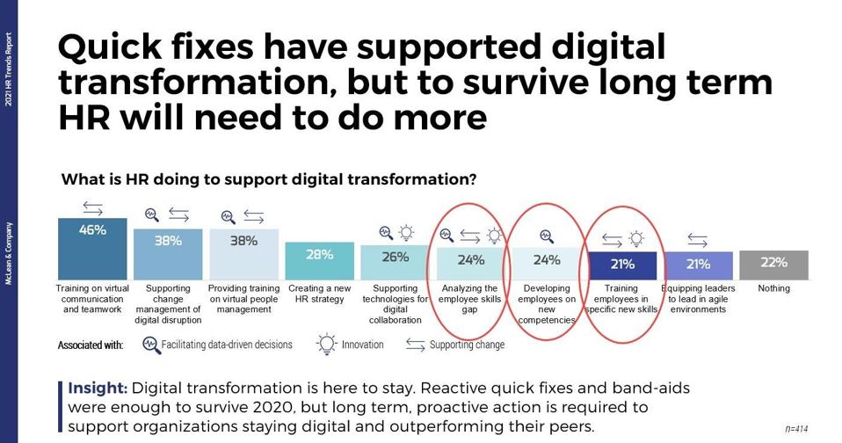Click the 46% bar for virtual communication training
(x=92, y=249)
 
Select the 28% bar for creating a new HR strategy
(x=319, y=261)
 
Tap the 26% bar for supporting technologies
(x=395, y=263)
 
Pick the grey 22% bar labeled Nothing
(x=773, y=265)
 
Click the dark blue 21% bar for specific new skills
(x=622, y=265)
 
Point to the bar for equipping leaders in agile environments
(x=698, y=265)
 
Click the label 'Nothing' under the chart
(x=773, y=288)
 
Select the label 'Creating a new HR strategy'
(x=319, y=294)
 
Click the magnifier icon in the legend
(x=151, y=345)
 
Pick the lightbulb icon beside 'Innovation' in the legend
(x=328, y=345)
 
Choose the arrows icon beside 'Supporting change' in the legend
(x=416, y=345)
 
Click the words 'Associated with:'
(x=91, y=345)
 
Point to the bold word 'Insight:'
(x=98, y=388)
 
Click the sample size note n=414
(x=796, y=429)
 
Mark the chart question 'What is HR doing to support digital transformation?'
(x=269, y=180)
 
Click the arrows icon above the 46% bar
(x=92, y=208)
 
